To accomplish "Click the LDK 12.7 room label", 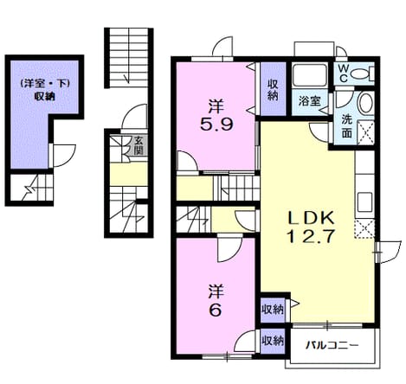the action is point(311,227).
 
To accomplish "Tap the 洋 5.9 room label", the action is point(216,115).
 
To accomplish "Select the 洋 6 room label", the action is point(216,301).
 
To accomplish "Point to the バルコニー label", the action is point(332,344).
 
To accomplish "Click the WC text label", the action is point(344,74).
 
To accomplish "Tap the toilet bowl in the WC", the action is point(363,74).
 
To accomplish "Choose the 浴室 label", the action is point(309,101).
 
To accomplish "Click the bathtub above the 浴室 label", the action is point(310,75).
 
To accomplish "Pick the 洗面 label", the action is point(347,126).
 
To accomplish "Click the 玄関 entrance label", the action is point(139,146).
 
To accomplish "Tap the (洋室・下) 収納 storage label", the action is point(45,90).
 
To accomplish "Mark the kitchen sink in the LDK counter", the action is point(364,202).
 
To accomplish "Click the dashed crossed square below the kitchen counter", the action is point(364,229).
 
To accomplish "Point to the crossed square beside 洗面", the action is point(366,132).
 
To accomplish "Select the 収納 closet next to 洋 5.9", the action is point(273,89).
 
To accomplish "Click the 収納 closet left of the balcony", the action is point(273,341).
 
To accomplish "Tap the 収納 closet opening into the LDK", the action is point(273,310).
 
